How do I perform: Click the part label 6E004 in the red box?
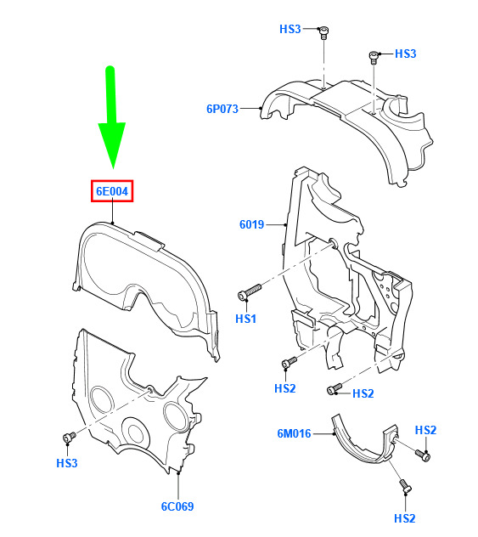(x=112, y=191)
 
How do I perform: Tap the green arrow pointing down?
(x=111, y=116)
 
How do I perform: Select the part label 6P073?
(x=222, y=109)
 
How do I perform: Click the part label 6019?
(x=251, y=224)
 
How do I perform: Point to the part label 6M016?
(x=294, y=433)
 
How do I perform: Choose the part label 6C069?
(x=177, y=506)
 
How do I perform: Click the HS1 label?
(x=245, y=319)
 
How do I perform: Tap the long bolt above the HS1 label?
(x=249, y=291)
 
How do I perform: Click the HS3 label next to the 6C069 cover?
(x=67, y=463)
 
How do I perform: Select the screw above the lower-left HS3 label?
(x=69, y=437)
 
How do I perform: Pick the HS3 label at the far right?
(x=406, y=54)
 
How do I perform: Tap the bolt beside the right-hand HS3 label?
(x=374, y=57)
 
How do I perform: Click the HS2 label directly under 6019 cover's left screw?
(x=285, y=388)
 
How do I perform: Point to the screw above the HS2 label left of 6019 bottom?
(x=290, y=362)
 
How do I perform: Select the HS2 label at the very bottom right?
(x=405, y=518)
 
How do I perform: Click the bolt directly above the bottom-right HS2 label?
(x=406, y=486)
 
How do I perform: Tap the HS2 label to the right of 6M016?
(x=425, y=430)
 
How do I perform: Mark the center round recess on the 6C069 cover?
(x=136, y=432)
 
